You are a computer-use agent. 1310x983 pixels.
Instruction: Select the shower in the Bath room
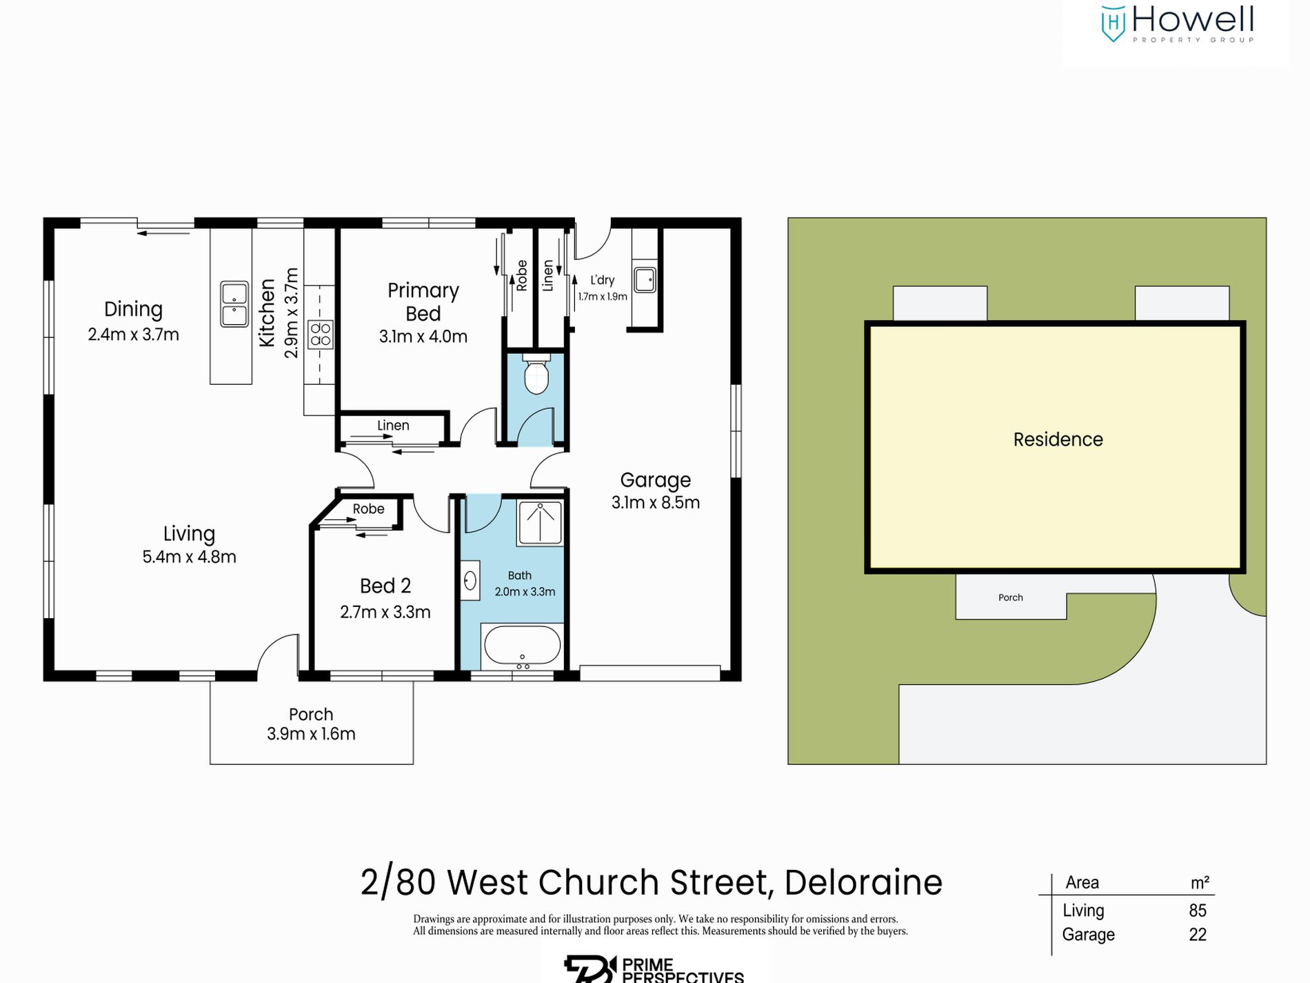click(x=540, y=523)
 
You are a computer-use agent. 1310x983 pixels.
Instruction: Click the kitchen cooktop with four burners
click(x=321, y=335)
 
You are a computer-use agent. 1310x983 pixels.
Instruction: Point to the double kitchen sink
click(x=234, y=304)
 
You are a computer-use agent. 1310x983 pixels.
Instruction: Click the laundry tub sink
click(x=645, y=280)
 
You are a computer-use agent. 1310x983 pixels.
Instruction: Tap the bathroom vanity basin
click(x=470, y=581)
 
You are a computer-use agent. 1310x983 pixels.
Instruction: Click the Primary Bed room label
click(x=423, y=301)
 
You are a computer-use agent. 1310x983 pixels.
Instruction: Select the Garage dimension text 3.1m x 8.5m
click(x=655, y=503)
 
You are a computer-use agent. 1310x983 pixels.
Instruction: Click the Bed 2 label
click(x=385, y=586)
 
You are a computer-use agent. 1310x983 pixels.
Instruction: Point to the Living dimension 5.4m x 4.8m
click(x=189, y=557)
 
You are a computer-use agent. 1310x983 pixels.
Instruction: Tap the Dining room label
click(x=133, y=309)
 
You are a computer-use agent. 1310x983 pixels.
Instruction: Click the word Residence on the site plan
click(x=1058, y=439)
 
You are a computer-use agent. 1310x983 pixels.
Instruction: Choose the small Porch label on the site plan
click(x=1010, y=597)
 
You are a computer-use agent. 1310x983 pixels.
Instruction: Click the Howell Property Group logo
click(x=1177, y=24)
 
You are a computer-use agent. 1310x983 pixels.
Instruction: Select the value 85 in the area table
click(x=1198, y=911)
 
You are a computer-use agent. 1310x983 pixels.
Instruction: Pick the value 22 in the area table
click(x=1198, y=935)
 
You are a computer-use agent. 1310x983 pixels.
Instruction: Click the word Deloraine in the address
click(x=863, y=882)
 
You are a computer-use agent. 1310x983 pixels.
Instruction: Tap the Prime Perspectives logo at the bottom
click(x=654, y=969)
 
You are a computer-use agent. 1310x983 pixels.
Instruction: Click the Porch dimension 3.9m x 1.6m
click(x=311, y=734)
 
